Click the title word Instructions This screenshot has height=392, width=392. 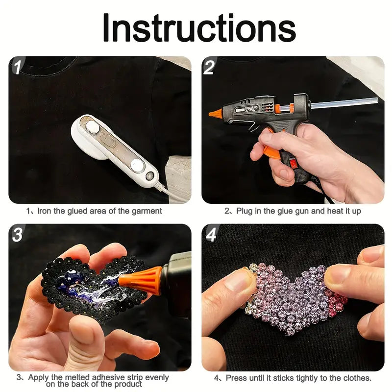[199, 28]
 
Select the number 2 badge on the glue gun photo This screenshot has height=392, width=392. [209, 67]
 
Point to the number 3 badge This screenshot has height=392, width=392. [18, 234]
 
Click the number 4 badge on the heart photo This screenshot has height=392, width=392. [211, 235]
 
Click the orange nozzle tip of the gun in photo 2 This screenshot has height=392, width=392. [216, 114]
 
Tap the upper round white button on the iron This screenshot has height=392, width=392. [92, 126]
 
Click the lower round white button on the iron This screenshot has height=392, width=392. [137, 165]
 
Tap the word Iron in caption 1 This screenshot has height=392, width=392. [44, 211]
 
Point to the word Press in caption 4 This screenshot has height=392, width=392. [236, 378]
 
